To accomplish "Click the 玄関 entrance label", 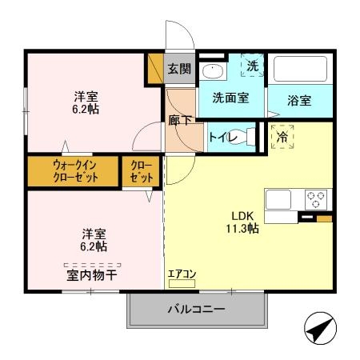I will [x=179, y=69].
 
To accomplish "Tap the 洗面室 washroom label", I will [x=230, y=98].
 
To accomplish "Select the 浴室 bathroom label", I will [x=300, y=102].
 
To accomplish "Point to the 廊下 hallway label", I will [x=180, y=121].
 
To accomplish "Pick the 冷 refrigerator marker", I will [x=282, y=137].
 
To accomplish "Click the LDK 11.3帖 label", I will [x=241, y=221].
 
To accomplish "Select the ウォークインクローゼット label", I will [x=75, y=171].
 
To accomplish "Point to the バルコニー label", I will [x=196, y=310].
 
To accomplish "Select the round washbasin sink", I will [x=214, y=70].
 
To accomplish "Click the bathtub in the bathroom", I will [x=300, y=70].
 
